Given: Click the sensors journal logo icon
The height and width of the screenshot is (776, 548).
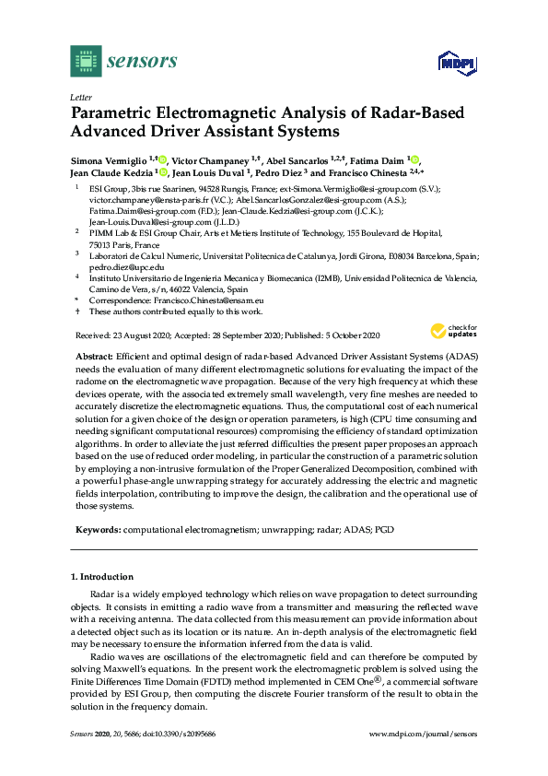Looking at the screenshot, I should pos(85,61).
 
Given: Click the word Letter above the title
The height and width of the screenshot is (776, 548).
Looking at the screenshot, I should pos(79,96).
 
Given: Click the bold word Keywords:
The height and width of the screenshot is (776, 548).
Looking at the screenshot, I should pos(96,530).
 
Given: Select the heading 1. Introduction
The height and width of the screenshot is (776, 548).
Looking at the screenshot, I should pos(103,577).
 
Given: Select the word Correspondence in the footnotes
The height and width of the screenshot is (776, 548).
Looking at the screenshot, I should pos(118,275).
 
